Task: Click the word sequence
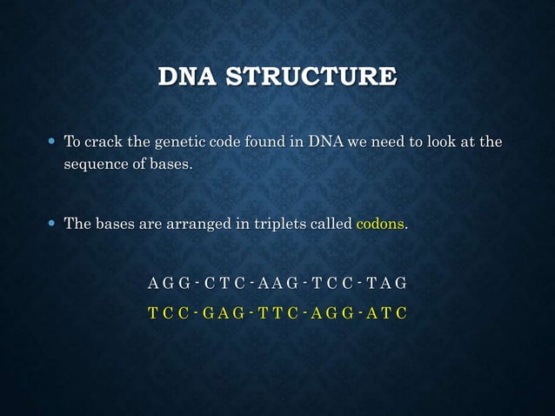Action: (95, 165)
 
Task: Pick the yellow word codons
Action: (380, 224)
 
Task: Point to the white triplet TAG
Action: (384, 283)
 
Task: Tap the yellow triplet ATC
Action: (384, 312)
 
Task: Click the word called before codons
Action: (331, 224)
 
